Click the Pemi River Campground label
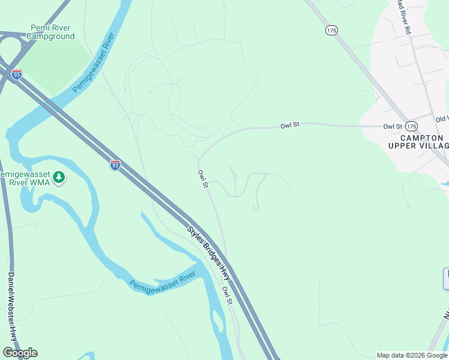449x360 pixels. click(x=53, y=32)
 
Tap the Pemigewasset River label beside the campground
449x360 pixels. click(x=94, y=66)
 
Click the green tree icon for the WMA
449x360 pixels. click(x=59, y=177)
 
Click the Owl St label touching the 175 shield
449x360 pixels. click(x=393, y=127)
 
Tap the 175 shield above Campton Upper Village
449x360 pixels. click(x=411, y=126)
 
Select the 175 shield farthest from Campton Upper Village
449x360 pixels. click(x=331, y=29)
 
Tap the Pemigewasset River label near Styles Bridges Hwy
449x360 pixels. click(x=163, y=281)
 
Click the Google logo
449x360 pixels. click(x=20, y=353)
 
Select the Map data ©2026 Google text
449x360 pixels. click(x=412, y=355)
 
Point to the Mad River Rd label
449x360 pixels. click(x=403, y=17)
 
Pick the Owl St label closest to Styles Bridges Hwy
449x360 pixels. click(x=227, y=295)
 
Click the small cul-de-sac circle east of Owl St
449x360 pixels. click(x=235, y=177)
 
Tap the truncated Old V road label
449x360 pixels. click(x=442, y=119)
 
